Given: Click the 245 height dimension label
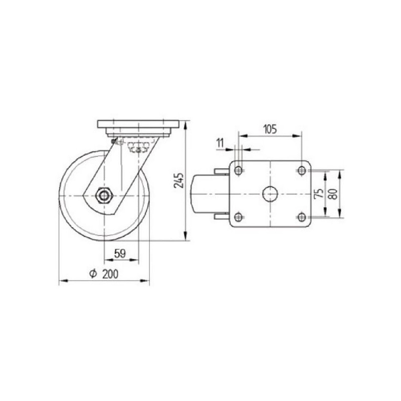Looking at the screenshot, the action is [179, 181].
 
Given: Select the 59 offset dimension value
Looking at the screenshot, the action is [120, 254].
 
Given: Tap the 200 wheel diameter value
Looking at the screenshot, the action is [110, 274].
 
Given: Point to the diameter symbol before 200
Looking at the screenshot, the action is [93, 274].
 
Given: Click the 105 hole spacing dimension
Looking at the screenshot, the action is [270, 129].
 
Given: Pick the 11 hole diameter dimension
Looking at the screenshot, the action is [220, 143].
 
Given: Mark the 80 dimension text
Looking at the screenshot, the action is [333, 193].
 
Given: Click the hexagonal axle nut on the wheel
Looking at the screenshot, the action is [104, 195].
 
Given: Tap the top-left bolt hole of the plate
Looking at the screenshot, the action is [239, 170].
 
